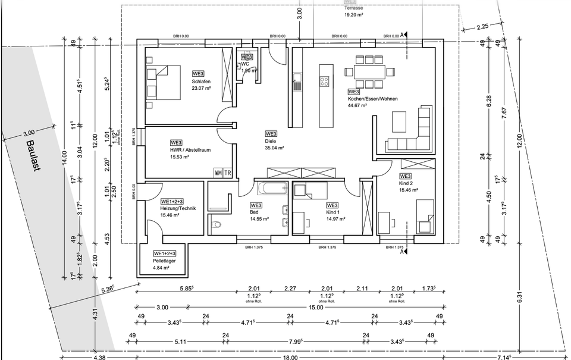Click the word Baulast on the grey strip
coord(33,156)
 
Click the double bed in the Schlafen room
coord(164,83)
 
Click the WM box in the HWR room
coord(218,173)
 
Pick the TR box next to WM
coord(227,173)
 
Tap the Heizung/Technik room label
coord(178,209)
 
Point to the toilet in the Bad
coord(216,225)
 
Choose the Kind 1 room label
coord(332,212)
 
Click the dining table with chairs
coord(369,72)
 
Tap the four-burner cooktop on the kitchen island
coord(325,81)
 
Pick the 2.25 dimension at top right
coord(482,26)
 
